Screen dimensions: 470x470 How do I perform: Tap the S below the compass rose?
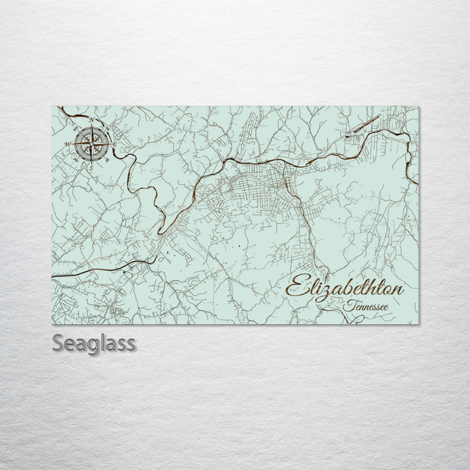point(91,167)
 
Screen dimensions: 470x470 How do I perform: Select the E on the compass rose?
point(115,144)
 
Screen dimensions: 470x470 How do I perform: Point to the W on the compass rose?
point(67,144)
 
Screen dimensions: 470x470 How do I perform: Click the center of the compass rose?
point(91,144)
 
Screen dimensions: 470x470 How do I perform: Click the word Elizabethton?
point(345,288)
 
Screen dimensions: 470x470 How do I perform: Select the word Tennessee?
point(368,305)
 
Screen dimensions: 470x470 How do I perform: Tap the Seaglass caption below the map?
point(94,343)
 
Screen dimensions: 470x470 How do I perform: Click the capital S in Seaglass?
point(58,343)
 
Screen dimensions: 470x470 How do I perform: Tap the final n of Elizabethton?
point(398,290)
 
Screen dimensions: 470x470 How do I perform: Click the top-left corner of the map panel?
point(52,106)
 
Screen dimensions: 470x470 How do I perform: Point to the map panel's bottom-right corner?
point(418,324)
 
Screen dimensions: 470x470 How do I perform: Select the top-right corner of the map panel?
point(418,106)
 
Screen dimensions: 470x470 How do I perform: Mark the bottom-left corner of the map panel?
point(52,324)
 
